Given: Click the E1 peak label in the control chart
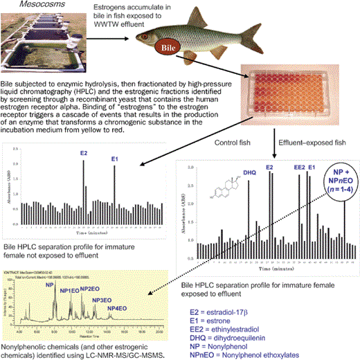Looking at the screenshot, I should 115,159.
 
